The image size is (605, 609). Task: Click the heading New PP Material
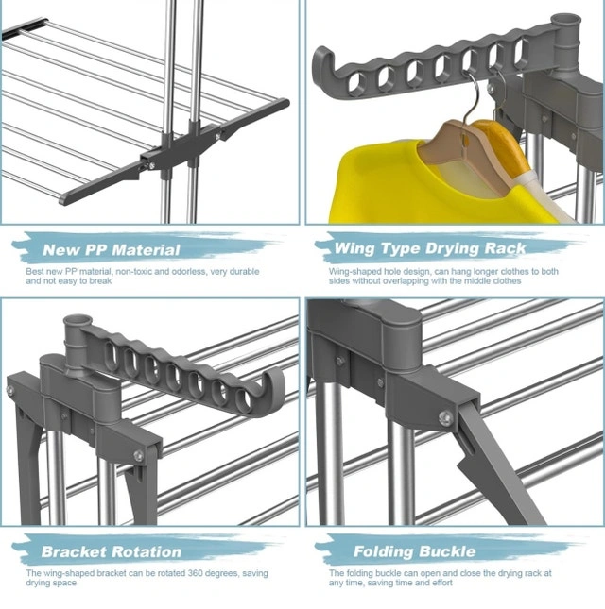(112, 249)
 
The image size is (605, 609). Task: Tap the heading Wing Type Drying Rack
(429, 248)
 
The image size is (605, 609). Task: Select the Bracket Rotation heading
(112, 552)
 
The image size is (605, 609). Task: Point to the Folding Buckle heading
(414, 551)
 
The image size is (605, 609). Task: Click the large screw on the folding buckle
(445, 418)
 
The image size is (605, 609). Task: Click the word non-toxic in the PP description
(133, 272)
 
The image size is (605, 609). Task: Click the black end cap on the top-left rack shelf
(25, 28)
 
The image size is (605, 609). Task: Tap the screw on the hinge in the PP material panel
(218, 136)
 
